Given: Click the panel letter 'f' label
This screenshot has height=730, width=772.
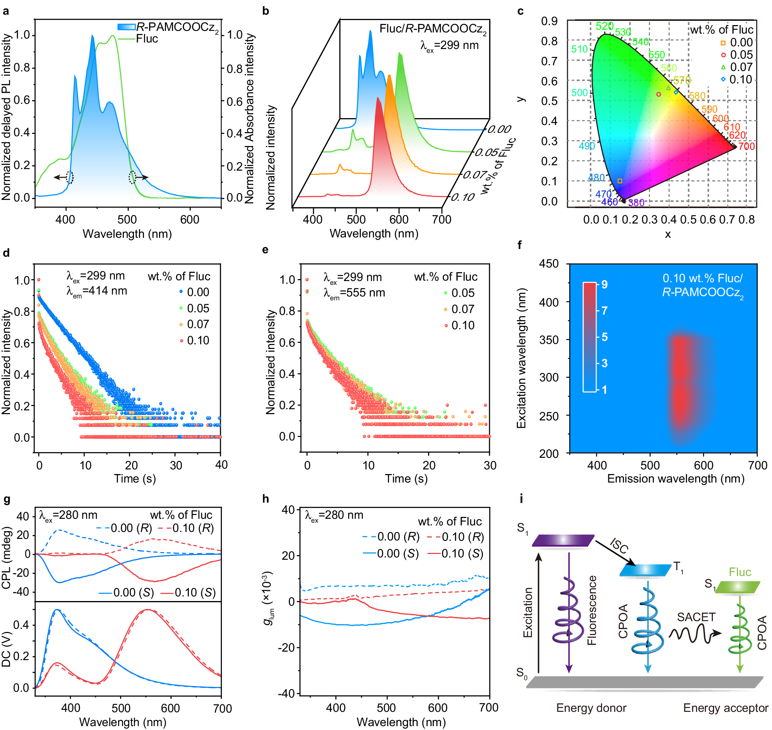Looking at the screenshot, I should click(520, 245).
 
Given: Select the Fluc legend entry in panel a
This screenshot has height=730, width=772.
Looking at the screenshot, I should click(147, 39).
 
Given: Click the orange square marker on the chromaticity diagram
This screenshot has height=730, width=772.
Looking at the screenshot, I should click(620, 181).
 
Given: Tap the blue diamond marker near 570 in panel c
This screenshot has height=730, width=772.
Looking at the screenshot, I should click(676, 92).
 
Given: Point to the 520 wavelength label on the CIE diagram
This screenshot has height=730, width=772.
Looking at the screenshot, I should click(604, 26).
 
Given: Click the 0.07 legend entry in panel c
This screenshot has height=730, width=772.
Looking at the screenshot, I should click(741, 67).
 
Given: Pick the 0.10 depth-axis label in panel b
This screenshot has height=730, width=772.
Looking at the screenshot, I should click(463, 197).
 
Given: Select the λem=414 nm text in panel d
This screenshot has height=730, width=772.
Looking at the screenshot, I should click(97, 291).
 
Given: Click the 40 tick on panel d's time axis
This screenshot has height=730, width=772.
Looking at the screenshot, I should click(222, 465).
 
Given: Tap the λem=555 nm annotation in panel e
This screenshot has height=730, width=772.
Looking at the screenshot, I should click(354, 293).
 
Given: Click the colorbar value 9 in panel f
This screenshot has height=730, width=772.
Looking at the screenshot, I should click(604, 285).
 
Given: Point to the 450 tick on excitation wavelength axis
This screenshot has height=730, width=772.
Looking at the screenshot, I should click(549, 264).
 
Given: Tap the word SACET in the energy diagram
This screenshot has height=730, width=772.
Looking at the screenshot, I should click(696, 617).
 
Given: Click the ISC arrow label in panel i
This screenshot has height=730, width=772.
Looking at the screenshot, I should click(619, 545).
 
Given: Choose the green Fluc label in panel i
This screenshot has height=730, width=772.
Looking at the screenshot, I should click(739, 572).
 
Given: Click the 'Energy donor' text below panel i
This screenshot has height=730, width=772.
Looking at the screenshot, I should click(591, 708).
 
